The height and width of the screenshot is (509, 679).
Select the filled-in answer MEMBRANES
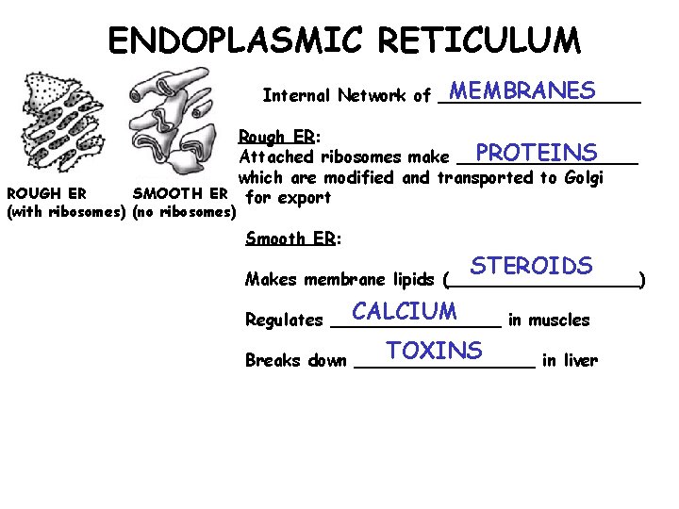tap(522, 90)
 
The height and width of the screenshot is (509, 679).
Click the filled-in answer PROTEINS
tap(537, 153)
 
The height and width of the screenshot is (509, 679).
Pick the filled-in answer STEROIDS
tap(532, 266)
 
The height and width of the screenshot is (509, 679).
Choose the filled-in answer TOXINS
tap(434, 351)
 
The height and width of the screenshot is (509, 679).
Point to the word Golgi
tap(582, 177)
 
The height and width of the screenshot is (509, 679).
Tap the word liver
tap(579, 361)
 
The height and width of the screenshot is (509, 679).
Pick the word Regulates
tap(284, 320)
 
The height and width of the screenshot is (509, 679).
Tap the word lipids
tap(411, 280)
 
